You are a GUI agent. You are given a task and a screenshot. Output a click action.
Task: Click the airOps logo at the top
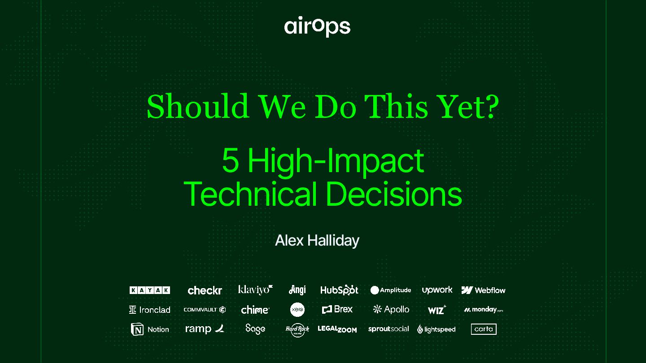click(317, 26)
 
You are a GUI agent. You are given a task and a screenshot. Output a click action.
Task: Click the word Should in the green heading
click(198, 106)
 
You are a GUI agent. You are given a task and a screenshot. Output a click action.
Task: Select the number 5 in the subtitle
click(231, 160)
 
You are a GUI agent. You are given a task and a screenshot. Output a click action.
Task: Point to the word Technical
click(250, 193)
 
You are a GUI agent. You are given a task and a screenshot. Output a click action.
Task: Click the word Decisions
click(394, 193)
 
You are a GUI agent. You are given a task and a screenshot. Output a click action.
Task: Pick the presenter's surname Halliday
click(333, 241)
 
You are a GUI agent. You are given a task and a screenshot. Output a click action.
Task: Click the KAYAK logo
click(150, 290)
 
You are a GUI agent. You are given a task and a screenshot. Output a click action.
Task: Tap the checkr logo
click(205, 290)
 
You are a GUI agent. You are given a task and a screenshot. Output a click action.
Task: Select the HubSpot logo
click(339, 290)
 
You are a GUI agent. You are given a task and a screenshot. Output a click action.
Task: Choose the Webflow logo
click(483, 290)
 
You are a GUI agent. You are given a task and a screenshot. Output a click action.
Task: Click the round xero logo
click(297, 310)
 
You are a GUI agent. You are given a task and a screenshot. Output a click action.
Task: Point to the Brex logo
click(337, 309)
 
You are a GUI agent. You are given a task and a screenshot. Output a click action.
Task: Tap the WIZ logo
click(437, 310)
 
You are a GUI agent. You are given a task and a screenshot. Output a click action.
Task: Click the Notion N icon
click(137, 329)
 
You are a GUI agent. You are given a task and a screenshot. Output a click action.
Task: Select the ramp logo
click(205, 329)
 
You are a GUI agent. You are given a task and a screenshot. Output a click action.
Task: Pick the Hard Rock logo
click(297, 330)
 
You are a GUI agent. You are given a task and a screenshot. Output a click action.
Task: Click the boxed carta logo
click(484, 329)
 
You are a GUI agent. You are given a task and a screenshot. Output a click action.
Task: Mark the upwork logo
click(437, 290)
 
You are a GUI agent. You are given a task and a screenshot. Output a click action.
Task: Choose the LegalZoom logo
click(337, 329)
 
